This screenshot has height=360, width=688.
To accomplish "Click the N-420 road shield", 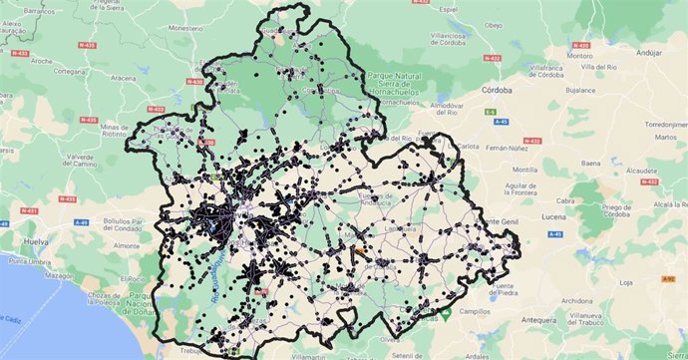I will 587,45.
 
